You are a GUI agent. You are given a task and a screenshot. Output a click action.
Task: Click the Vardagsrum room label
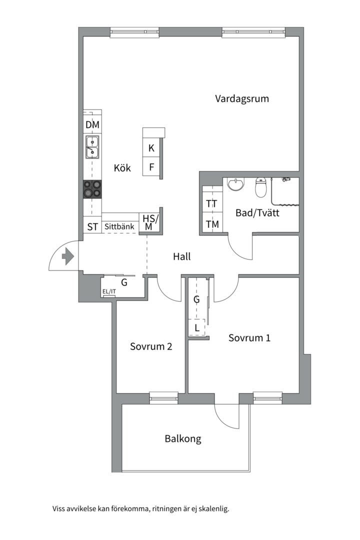pyautogui.click(x=242, y=98)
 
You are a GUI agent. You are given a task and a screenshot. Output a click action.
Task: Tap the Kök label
pyautogui.click(x=122, y=168)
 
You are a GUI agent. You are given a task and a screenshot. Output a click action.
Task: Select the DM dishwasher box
pyautogui.click(x=92, y=125)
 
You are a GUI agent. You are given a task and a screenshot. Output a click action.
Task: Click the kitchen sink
pyautogui.click(x=92, y=147)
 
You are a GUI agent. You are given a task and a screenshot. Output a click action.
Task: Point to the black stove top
pyautogui.click(x=92, y=189)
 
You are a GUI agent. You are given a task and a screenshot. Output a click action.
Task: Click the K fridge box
pyautogui.click(x=151, y=148)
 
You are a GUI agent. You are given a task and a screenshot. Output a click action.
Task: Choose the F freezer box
pyautogui.click(x=151, y=166)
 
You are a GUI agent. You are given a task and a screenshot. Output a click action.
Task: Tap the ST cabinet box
pyautogui.click(x=92, y=226)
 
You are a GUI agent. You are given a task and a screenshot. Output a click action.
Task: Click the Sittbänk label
pyautogui.click(x=119, y=226)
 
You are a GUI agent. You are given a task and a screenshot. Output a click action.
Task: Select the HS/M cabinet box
pyautogui.click(x=149, y=222)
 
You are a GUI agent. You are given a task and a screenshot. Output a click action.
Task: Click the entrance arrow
pyautogui.click(x=67, y=257)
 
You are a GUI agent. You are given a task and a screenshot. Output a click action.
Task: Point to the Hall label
pyautogui.click(x=181, y=257)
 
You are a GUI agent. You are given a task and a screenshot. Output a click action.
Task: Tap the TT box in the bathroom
pyautogui.click(x=212, y=203)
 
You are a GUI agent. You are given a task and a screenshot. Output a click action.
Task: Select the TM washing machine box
pyautogui.click(x=212, y=224)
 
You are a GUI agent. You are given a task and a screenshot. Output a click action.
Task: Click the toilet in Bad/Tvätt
pyautogui.click(x=260, y=187)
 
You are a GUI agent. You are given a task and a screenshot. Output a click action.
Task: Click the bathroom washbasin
pyautogui.click(x=235, y=185)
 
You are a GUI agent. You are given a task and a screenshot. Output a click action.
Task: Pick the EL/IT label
pyautogui.click(x=109, y=291)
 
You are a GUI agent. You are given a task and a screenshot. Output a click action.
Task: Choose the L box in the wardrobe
pyautogui.click(x=197, y=328)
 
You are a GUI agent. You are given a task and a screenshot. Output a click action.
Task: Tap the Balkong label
pyautogui.click(x=183, y=439)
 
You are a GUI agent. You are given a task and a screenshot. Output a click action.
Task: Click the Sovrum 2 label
pyautogui.click(x=151, y=346)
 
